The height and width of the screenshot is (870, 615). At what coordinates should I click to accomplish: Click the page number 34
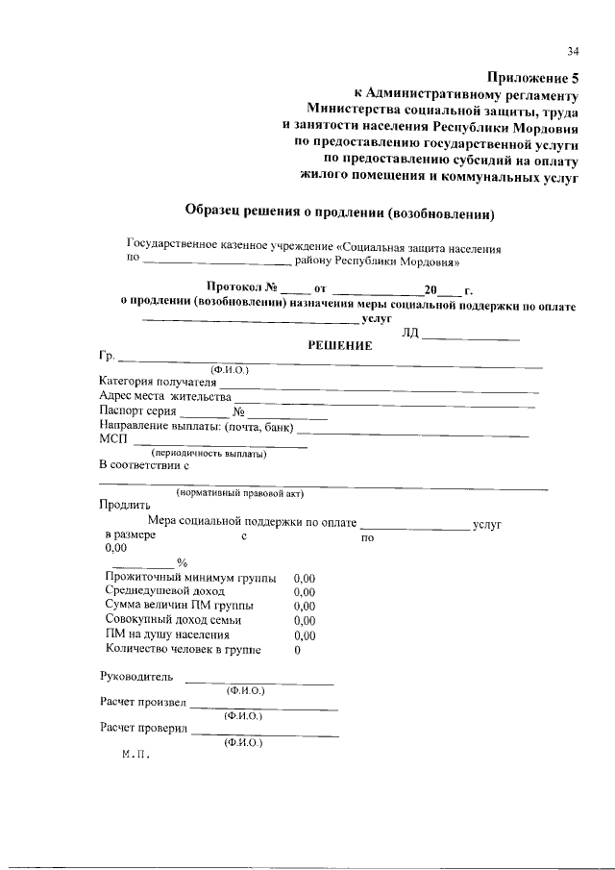[573, 51]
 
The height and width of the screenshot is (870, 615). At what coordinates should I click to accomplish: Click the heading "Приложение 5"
[534, 78]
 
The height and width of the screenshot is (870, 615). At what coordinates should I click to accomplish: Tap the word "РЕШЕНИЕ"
[339, 346]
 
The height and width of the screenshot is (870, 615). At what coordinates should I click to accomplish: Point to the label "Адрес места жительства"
[165, 397]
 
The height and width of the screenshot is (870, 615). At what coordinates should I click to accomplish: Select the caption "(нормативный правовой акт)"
[239, 494]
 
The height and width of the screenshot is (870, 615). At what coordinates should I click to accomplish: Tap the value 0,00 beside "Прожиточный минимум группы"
[304, 579]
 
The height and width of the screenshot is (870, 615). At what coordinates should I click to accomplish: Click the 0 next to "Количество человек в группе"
[297, 650]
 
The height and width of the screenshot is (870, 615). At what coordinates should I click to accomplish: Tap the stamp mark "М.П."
[135, 756]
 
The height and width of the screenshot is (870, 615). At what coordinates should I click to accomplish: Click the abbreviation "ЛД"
[411, 333]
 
